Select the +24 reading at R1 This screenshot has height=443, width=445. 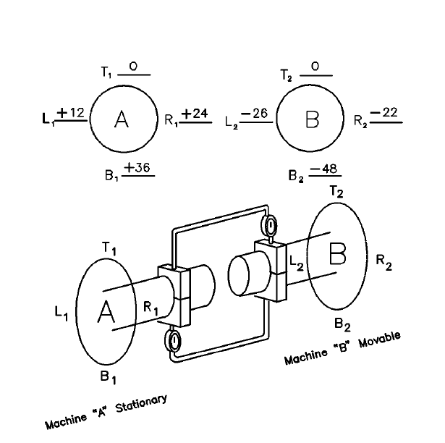tap(195, 114)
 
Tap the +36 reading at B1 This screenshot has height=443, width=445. tap(137, 167)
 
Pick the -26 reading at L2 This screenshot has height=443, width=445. tap(256, 114)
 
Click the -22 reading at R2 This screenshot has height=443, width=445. tap(384, 113)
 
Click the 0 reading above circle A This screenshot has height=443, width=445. tap(133, 67)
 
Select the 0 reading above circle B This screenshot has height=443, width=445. tap(315, 67)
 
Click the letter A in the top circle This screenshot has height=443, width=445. tap(122, 120)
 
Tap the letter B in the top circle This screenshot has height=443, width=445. tap(312, 120)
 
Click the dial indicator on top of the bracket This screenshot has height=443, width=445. tap(271, 226)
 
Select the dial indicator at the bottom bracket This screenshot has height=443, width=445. tap(174, 341)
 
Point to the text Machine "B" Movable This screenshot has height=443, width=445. tap(342, 349)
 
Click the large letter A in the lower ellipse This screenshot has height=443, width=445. tap(106, 312)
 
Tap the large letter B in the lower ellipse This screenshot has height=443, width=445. tap(339, 254)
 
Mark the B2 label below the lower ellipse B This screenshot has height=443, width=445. tap(342, 323)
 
